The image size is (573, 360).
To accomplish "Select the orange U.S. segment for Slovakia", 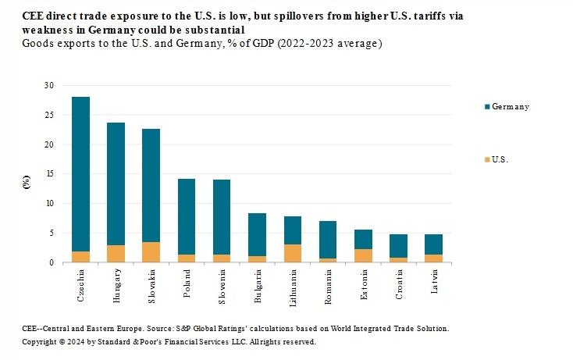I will (151, 252).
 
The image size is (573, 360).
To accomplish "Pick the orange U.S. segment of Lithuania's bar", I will (292, 254).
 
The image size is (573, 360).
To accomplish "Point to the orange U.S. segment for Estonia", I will (362, 255).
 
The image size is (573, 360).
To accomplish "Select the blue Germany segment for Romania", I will (327, 240).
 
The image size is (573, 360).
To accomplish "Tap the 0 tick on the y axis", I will (52, 262).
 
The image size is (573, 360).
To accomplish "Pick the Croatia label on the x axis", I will (397, 286).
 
